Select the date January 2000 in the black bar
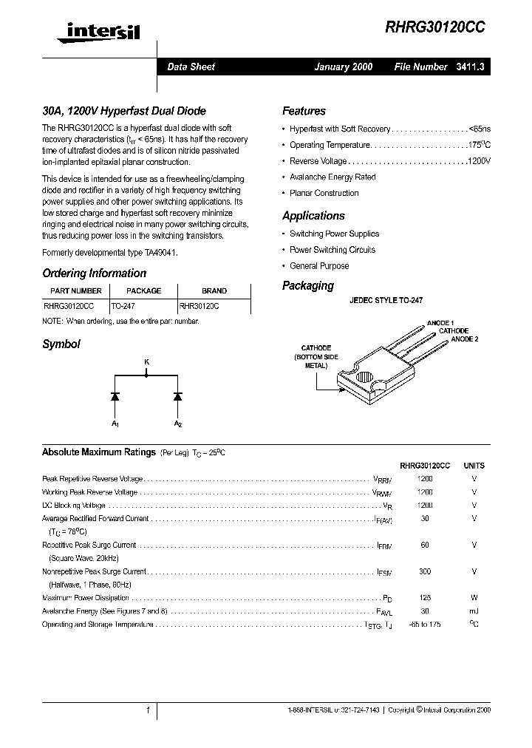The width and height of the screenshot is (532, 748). point(344,67)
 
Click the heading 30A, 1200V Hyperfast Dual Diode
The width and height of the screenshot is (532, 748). point(123,111)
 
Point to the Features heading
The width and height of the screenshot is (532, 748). point(304,111)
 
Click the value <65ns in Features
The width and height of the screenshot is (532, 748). point(479,129)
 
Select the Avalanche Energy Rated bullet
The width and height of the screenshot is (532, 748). point(332,177)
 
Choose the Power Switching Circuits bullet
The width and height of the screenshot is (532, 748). point(332,250)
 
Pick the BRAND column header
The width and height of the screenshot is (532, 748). point(214,291)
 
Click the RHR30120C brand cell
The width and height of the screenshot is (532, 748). point(199,304)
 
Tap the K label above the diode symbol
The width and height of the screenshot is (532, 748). point(146,361)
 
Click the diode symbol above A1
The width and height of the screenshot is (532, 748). point(115,396)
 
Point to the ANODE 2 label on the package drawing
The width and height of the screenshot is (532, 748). point(465,339)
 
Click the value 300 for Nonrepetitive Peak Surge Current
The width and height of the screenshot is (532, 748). point(425,571)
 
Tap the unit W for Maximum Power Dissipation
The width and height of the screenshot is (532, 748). point(474,597)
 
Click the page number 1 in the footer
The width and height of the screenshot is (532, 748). point(149,710)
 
